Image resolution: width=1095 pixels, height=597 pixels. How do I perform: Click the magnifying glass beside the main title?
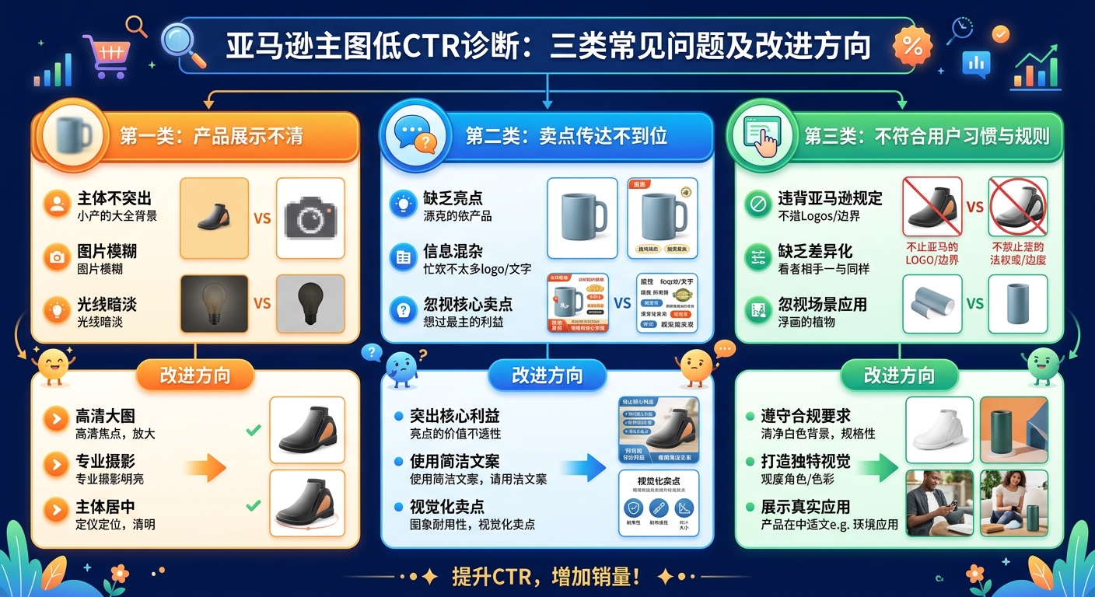(x=184, y=44)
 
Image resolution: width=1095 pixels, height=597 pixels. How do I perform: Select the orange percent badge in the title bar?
(x=911, y=47)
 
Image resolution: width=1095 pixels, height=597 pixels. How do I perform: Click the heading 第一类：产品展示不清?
(x=210, y=136)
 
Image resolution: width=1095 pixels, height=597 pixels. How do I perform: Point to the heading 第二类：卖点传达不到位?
(x=566, y=136)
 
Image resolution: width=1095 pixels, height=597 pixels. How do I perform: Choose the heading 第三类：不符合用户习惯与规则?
(x=926, y=137)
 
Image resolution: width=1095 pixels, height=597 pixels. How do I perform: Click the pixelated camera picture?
(x=310, y=218)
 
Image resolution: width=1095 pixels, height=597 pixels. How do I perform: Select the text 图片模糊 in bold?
(x=107, y=252)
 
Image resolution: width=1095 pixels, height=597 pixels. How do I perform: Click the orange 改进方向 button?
(x=195, y=375)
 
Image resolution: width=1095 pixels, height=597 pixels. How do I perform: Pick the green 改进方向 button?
(x=899, y=375)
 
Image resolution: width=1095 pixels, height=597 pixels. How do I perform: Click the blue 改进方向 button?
(x=547, y=375)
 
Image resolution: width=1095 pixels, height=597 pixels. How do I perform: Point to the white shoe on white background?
(x=939, y=431)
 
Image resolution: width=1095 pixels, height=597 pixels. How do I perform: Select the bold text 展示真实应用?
(x=806, y=507)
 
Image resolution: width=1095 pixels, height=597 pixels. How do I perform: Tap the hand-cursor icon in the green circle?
(x=764, y=136)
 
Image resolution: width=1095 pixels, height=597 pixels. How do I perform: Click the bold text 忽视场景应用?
(x=822, y=305)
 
